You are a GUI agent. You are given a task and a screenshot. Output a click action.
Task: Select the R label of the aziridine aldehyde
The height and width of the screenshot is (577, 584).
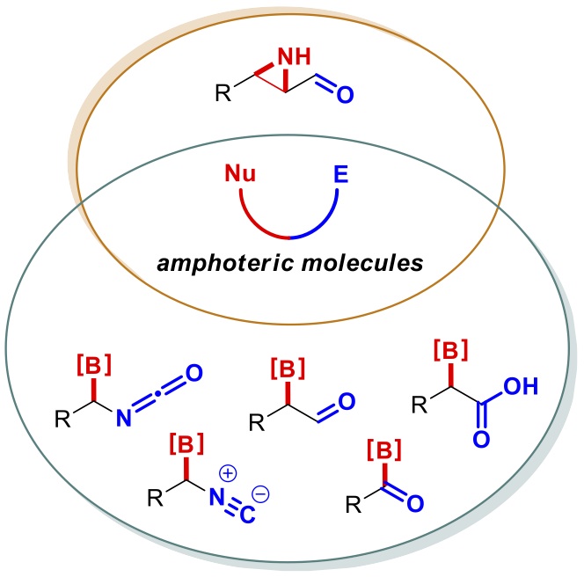point(225,90)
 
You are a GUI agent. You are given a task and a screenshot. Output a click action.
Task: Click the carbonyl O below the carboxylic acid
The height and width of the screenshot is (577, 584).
point(480,442)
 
